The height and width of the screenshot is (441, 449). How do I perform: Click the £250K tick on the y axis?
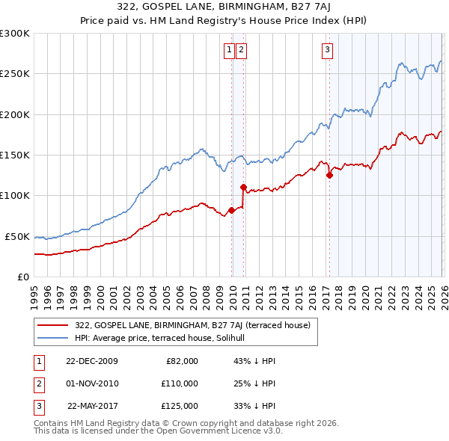[x=15, y=74]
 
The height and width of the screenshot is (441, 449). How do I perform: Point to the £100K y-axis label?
[x=15, y=195]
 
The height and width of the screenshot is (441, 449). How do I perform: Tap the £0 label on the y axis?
[x=22, y=277]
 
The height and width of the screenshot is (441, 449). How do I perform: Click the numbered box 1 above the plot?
[x=229, y=50]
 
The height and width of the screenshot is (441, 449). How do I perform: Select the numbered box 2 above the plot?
[x=242, y=50]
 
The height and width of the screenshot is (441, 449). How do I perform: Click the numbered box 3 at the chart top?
[x=328, y=50]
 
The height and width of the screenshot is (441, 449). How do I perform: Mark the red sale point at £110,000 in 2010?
[x=243, y=187]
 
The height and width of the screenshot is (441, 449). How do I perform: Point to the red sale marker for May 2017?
[x=329, y=176]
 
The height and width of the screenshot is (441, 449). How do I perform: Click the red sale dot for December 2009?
[x=231, y=210]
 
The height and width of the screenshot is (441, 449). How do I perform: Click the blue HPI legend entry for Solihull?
[x=165, y=338]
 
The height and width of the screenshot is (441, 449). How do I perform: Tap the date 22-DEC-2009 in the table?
[x=92, y=361]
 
